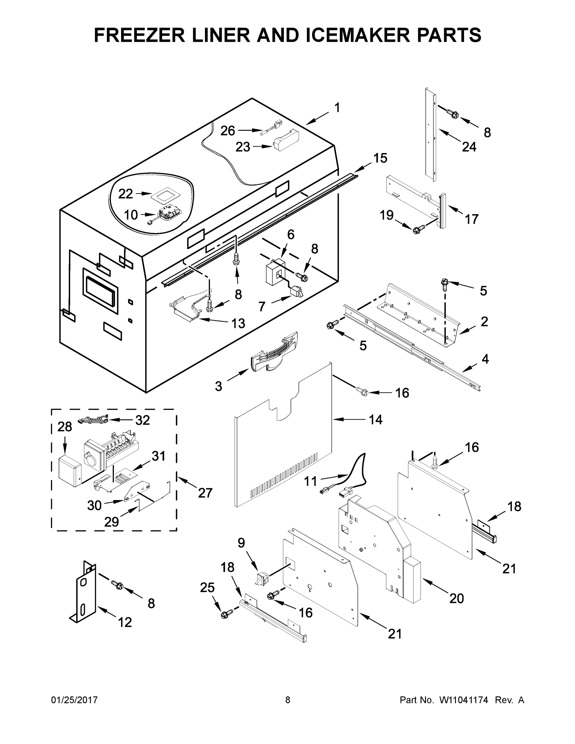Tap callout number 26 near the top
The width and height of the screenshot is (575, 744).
click(228, 131)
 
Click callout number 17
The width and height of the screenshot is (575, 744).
click(471, 219)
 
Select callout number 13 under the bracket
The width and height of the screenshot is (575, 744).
click(238, 323)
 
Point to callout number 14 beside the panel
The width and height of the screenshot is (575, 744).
click(376, 419)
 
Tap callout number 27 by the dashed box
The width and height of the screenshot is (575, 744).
click(205, 493)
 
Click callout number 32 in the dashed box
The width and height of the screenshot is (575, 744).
click(142, 420)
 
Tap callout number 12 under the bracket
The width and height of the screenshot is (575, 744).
click(125, 622)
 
